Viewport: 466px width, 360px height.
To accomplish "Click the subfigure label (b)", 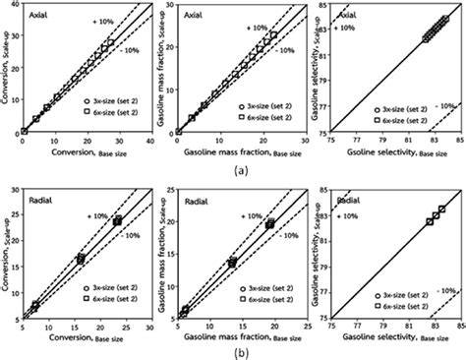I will (233, 351).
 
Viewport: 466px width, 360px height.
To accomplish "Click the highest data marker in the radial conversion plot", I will (118, 221).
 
